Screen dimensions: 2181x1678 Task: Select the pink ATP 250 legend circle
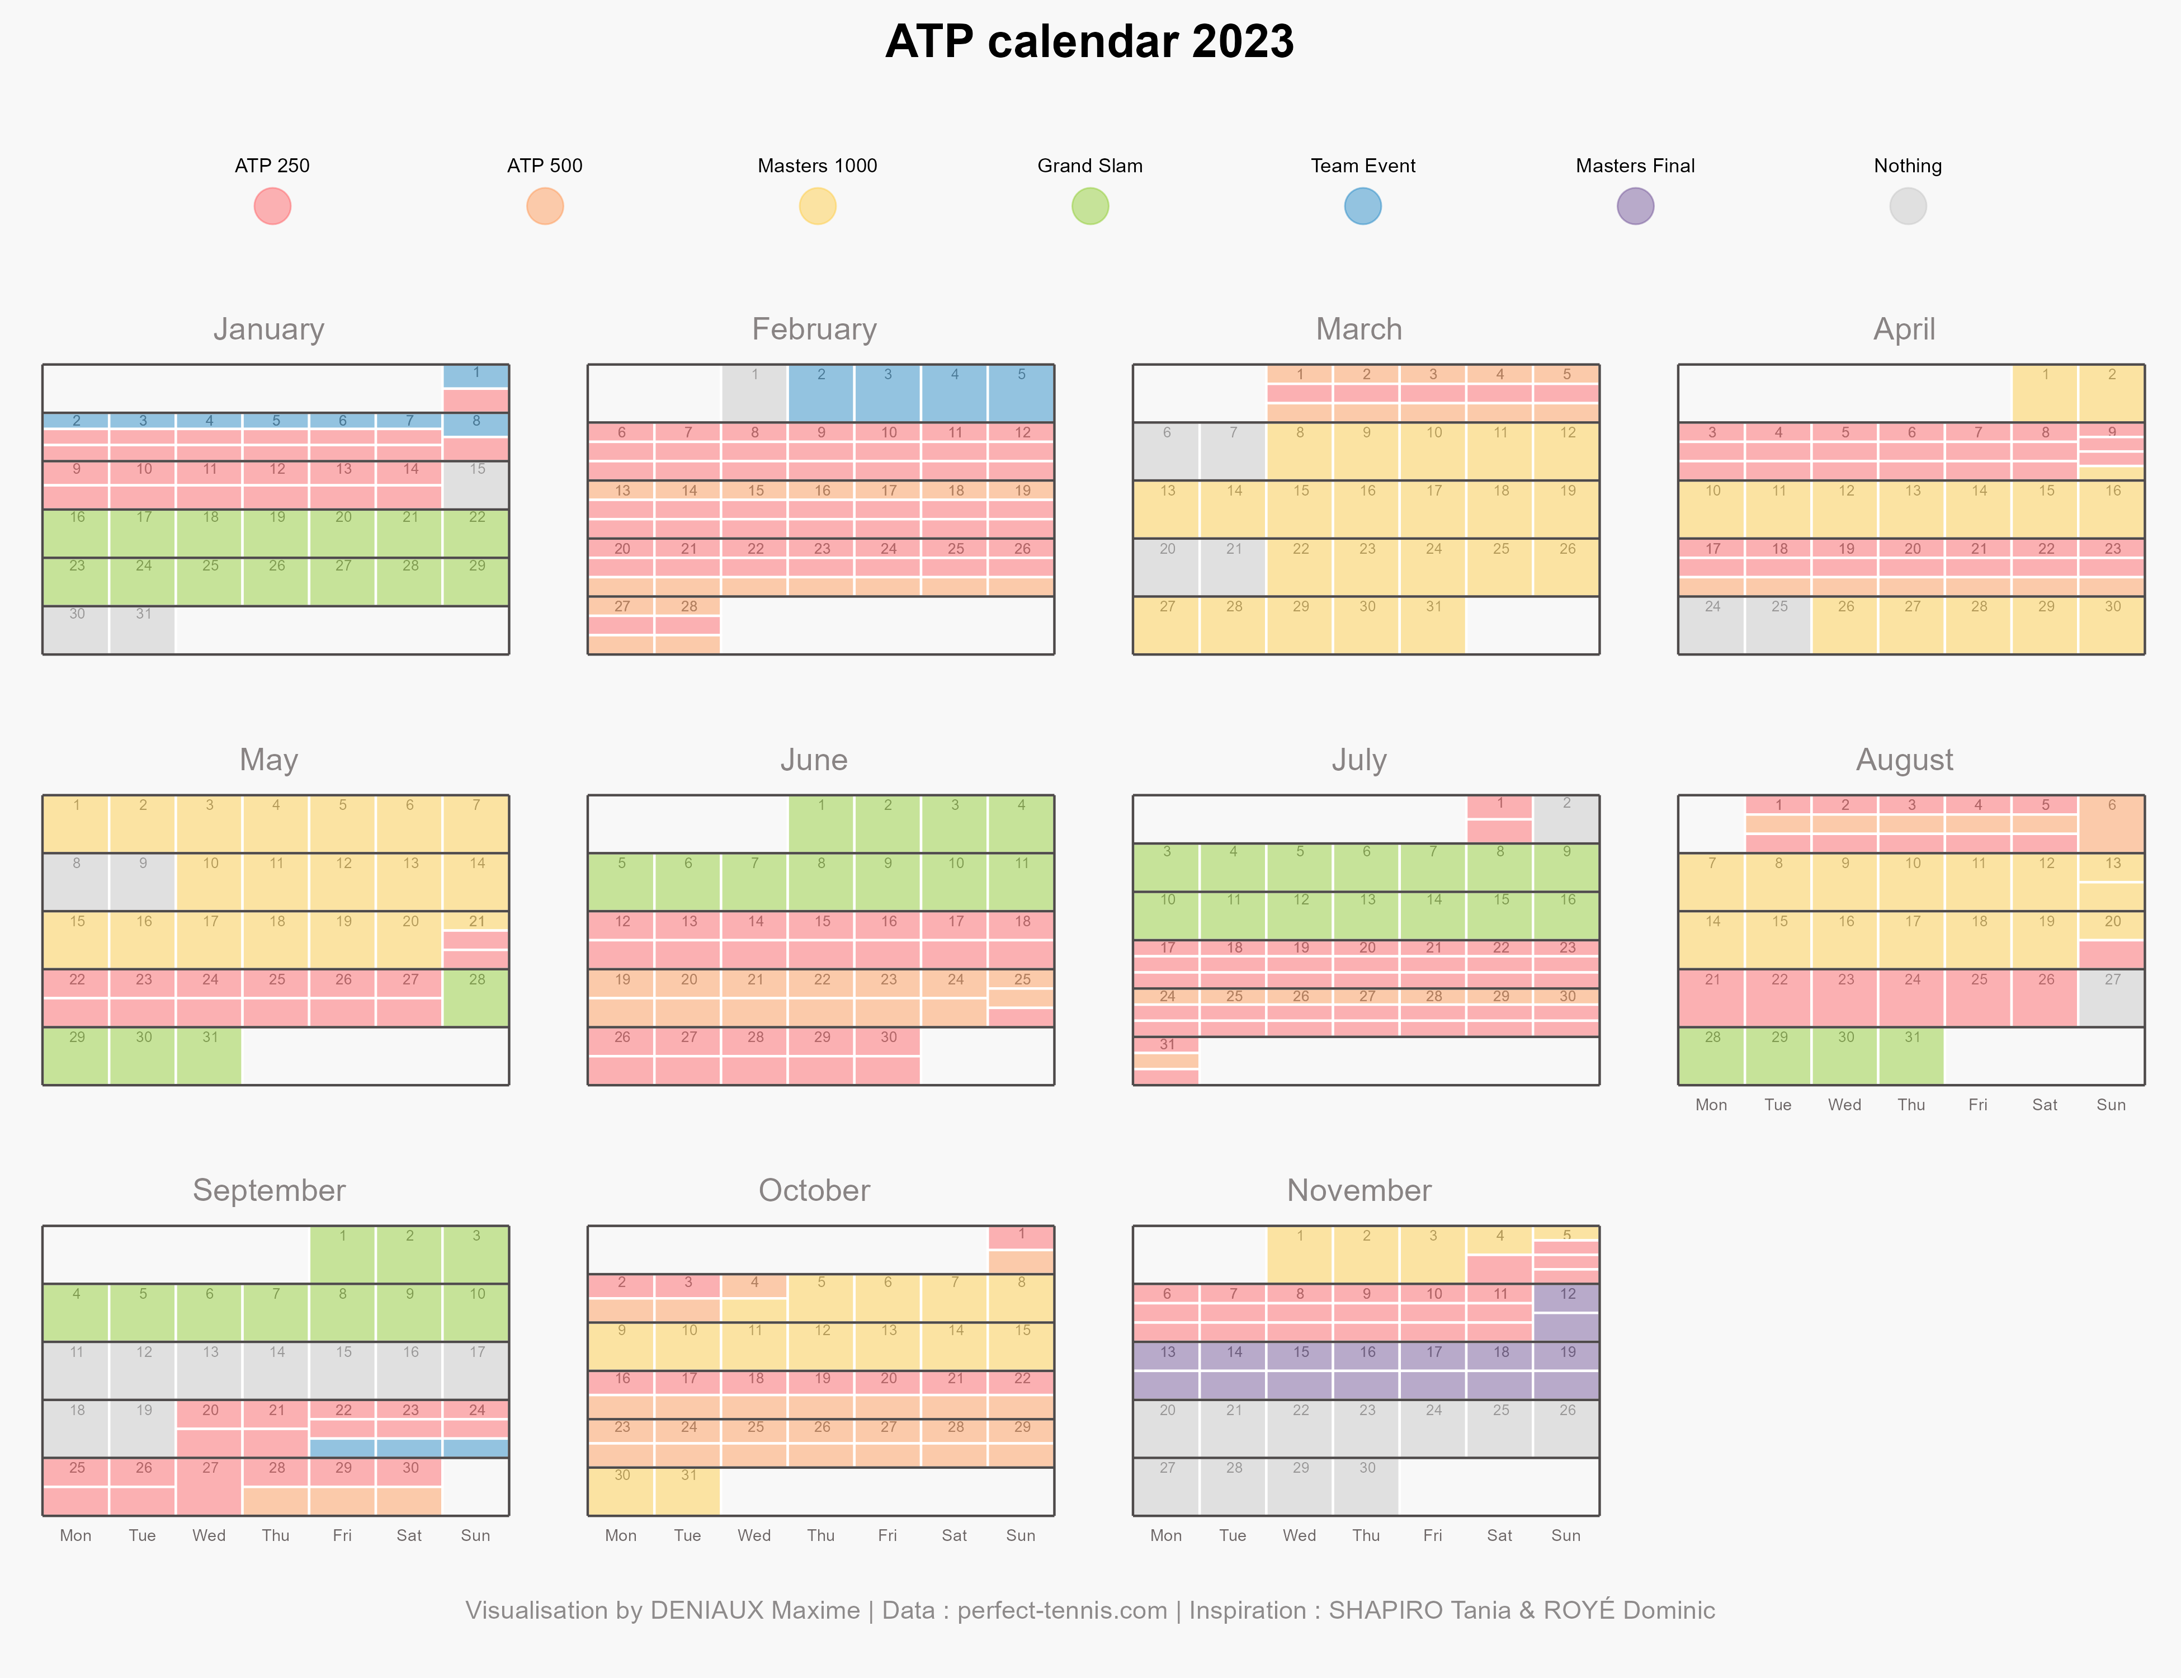coord(273,207)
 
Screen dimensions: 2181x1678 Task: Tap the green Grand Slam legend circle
coord(1090,207)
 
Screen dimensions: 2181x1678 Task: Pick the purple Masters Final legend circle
coord(1636,207)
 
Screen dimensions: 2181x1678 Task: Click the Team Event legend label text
coord(1363,166)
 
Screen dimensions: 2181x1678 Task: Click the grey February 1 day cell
coord(755,394)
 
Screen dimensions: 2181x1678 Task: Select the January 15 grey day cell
coord(476,486)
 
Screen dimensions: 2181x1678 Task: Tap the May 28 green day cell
coord(476,998)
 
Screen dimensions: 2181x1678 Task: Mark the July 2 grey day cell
coord(1567,819)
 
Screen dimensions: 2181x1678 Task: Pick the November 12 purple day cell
coord(1567,1312)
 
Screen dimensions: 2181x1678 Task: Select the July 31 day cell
coord(1167,1060)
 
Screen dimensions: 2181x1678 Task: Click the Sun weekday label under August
coord(2111,1105)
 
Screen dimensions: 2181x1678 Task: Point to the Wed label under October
coord(754,1535)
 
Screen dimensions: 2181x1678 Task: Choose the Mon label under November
coord(1167,1535)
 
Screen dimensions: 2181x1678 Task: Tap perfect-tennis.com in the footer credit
coord(1063,1611)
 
